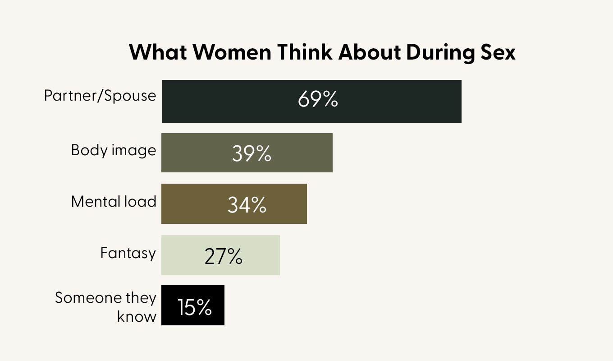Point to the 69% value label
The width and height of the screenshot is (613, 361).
coord(317,100)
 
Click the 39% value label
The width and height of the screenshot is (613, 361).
coord(252,153)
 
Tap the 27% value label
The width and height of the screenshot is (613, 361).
coord(223,256)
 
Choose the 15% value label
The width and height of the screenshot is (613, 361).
coord(194,307)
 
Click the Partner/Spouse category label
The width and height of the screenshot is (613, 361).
coord(100,96)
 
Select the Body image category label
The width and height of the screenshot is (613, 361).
coord(114,150)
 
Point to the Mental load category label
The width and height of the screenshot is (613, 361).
coord(114,201)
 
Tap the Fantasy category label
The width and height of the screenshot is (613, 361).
coord(128,253)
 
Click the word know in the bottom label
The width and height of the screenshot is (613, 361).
coord(137,316)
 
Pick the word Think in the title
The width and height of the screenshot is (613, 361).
coord(305,53)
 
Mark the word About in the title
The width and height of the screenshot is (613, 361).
coord(370,53)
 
